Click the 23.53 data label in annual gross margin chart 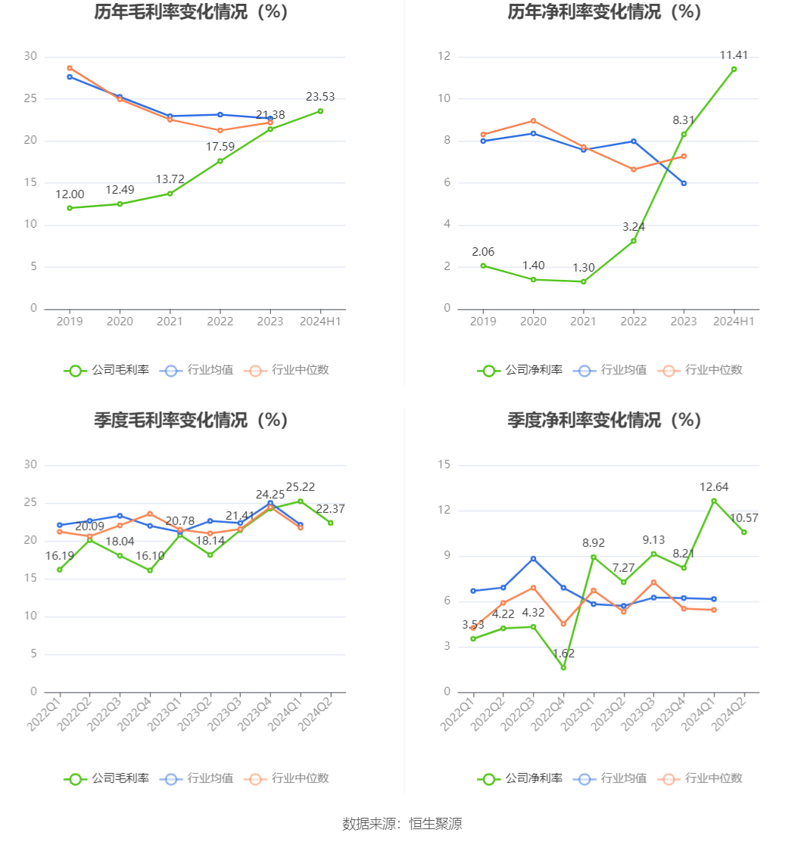pyautogui.click(x=320, y=97)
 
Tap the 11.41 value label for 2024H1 pyautogui.click(x=734, y=55)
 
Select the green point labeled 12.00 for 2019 pyautogui.click(x=70, y=208)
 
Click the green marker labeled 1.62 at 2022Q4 pyautogui.click(x=563, y=667)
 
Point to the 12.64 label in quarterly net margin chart pyautogui.click(x=714, y=487)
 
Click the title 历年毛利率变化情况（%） pyautogui.click(x=192, y=12)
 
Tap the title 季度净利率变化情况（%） pyautogui.click(x=605, y=420)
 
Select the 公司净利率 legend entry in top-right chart pyautogui.click(x=520, y=370)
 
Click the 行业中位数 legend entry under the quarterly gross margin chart pyautogui.click(x=288, y=778)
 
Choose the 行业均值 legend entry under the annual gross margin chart pyautogui.click(x=198, y=370)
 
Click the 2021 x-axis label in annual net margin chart pyautogui.click(x=583, y=322)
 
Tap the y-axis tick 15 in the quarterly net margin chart pyautogui.click(x=444, y=465)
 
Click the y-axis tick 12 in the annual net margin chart pyautogui.click(x=444, y=57)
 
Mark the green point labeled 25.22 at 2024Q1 pyautogui.click(x=301, y=501)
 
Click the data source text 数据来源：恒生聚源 pyautogui.click(x=402, y=824)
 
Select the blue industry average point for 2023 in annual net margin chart pyautogui.click(x=684, y=183)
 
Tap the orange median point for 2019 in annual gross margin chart pyautogui.click(x=70, y=68)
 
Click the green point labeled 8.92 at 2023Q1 pyautogui.click(x=594, y=557)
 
